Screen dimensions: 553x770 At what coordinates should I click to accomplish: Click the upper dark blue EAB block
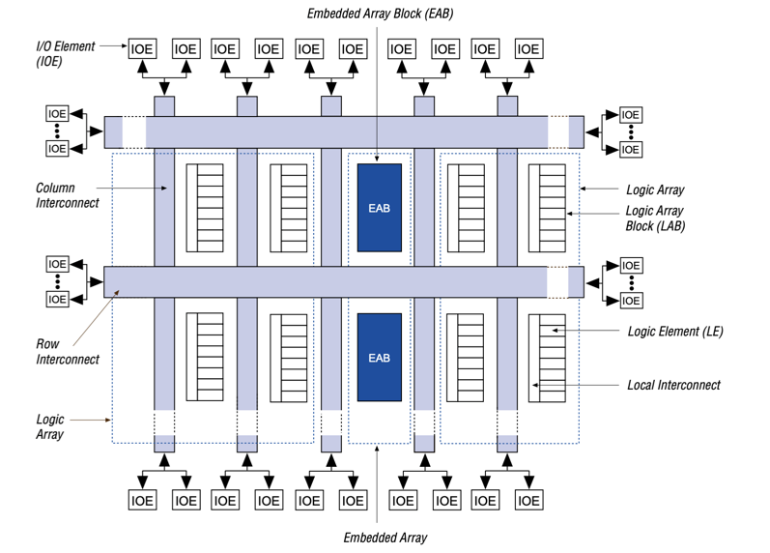(379, 208)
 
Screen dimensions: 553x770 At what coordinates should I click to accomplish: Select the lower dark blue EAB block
(379, 357)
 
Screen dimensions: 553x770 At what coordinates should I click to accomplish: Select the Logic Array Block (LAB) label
(654, 218)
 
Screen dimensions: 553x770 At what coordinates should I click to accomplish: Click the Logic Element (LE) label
(675, 331)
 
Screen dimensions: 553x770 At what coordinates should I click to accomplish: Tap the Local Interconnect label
(673, 385)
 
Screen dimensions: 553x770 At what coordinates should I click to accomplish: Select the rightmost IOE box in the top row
(528, 48)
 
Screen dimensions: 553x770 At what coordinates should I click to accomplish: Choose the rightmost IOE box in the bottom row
(528, 500)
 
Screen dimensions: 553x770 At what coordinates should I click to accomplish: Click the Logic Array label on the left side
(50, 426)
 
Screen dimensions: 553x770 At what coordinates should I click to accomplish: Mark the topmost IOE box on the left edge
(58, 114)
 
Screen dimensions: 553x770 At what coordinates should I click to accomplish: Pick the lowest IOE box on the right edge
(630, 300)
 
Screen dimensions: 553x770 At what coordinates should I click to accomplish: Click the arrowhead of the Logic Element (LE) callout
(554, 331)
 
